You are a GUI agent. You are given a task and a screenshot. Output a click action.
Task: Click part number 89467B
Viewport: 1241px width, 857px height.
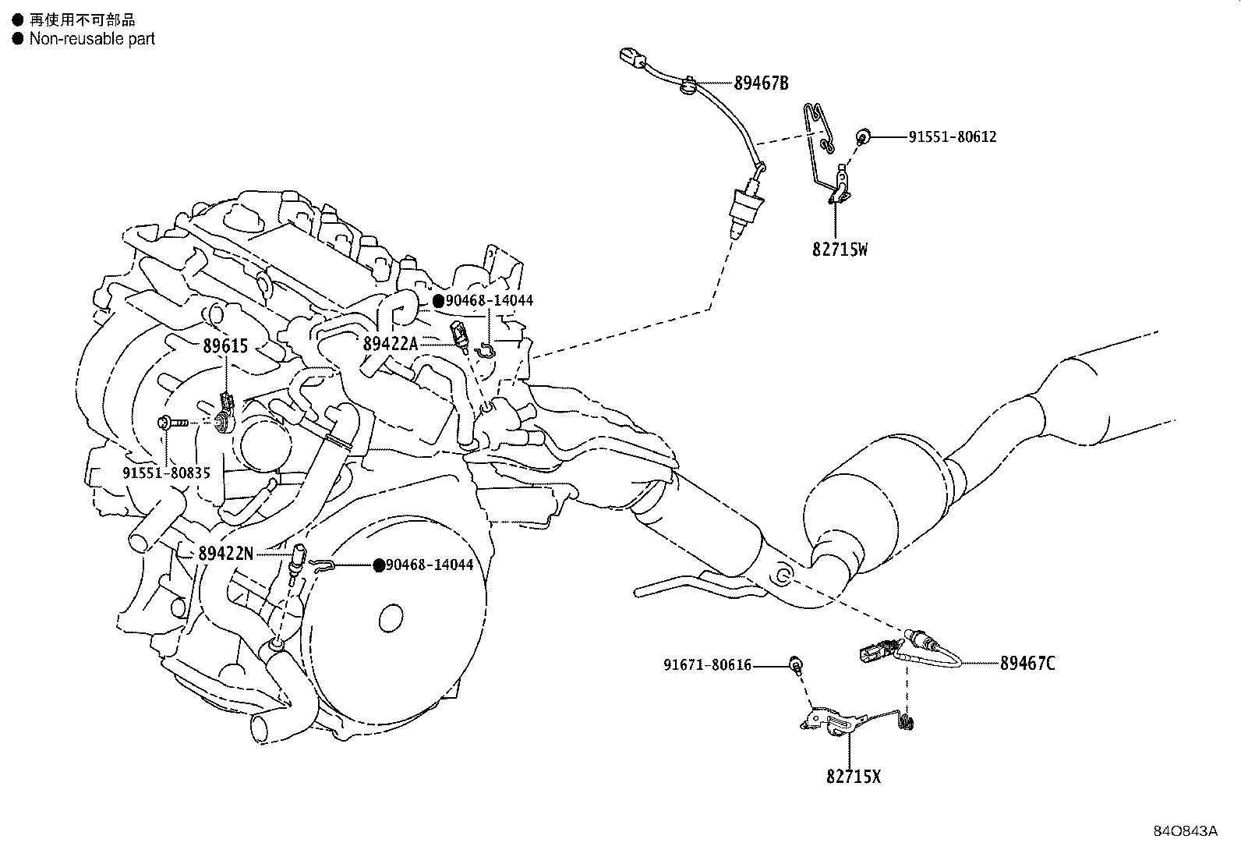point(761,83)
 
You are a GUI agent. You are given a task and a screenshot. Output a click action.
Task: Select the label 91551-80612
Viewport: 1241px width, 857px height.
point(952,137)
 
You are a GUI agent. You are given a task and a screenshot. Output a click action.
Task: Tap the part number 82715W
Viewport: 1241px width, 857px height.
point(840,250)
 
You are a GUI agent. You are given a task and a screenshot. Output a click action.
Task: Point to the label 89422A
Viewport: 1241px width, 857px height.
point(391,343)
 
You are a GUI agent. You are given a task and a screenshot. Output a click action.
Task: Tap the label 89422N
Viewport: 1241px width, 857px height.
point(225,554)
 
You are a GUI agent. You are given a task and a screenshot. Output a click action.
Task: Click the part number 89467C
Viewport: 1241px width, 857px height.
point(1027,664)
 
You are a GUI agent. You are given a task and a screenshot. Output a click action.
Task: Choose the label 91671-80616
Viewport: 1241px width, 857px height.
point(708,665)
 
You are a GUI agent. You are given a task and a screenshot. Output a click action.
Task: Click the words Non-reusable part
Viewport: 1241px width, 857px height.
point(92,39)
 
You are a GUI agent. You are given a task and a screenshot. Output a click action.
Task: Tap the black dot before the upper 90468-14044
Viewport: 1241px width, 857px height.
point(439,301)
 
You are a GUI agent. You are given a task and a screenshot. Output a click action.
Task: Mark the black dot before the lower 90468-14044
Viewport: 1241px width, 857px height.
point(379,565)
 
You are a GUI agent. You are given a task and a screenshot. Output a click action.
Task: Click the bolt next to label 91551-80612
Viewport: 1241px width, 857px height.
point(864,138)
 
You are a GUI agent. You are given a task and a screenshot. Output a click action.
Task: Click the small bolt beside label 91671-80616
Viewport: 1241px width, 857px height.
point(796,664)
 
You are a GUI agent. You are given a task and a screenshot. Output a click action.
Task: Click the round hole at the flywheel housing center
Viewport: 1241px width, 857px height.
point(391,619)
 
